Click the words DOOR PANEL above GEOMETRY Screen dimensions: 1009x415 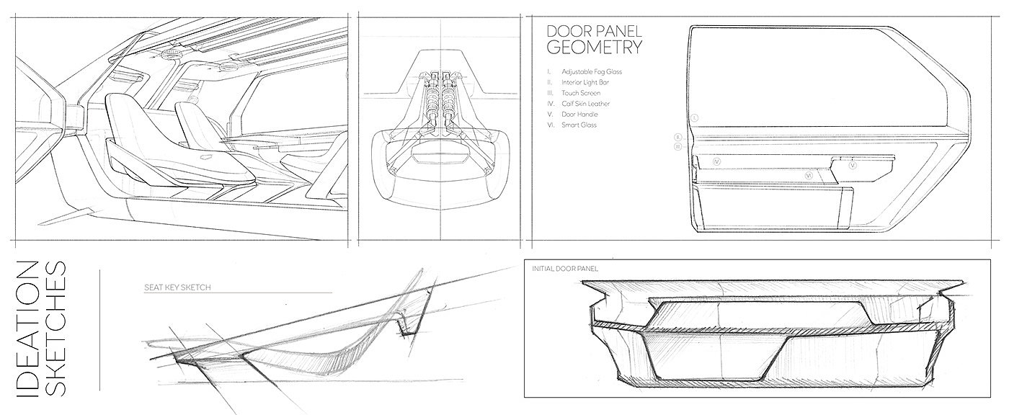pos(594,32)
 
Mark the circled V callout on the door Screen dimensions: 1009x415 pos(853,164)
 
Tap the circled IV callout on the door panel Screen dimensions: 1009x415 pos(717,163)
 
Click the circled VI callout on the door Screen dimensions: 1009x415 pos(809,175)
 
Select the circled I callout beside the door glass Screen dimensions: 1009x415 pos(694,116)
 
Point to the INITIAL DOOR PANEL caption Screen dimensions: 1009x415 pos(565,269)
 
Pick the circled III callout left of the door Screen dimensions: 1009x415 pos(678,146)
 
